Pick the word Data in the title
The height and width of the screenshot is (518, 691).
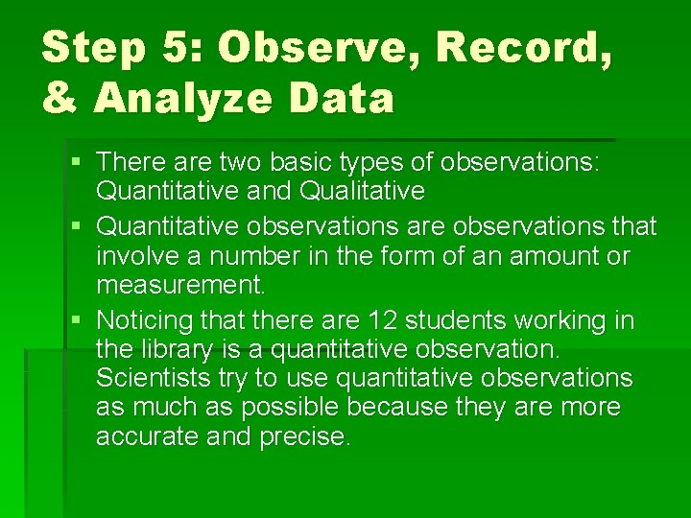point(351,98)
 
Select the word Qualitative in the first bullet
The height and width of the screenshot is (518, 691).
point(362,192)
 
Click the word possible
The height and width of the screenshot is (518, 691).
point(290,407)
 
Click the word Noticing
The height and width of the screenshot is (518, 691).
point(142,318)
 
